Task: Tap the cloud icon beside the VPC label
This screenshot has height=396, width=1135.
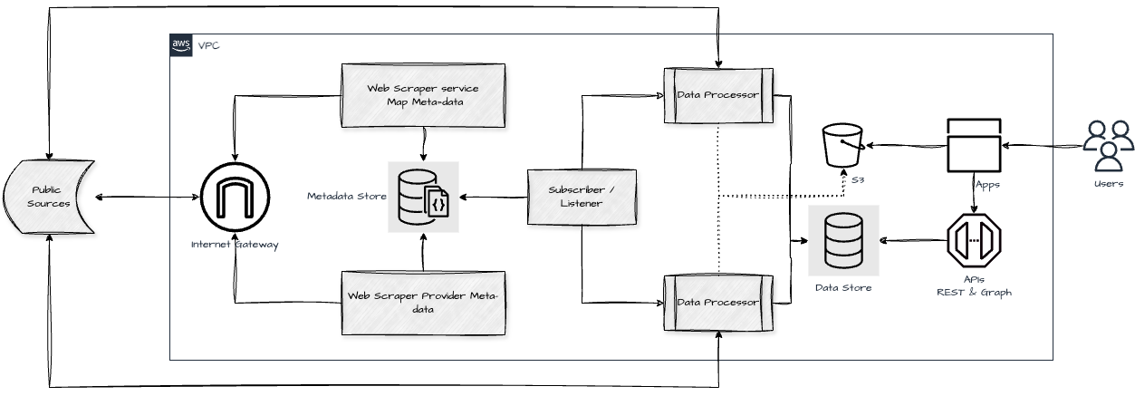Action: [181, 45]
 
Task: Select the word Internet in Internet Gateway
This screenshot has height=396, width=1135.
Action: [212, 245]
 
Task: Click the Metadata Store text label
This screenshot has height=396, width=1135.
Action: [346, 196]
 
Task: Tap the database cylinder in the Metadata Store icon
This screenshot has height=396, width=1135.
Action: [413, 197]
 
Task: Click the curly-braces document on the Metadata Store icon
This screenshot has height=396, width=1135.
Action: [438, 205]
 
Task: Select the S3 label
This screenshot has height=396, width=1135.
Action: [858, 181]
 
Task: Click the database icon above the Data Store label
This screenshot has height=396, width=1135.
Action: [843, 240]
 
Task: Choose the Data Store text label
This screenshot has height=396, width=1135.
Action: [843, 288]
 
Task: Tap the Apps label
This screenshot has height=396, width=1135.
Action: [987, 185]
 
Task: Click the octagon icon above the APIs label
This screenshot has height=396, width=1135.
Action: [974, 239]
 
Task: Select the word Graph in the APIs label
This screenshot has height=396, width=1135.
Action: [995, 293]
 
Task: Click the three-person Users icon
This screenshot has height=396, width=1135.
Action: [1108, 146]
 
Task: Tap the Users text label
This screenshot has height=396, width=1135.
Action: [1108, 184]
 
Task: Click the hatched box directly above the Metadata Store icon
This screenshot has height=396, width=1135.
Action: [423, 96]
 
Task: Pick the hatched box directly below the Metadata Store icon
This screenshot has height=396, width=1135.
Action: [423, 304]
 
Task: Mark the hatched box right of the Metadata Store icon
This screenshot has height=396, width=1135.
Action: [582, 198]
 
